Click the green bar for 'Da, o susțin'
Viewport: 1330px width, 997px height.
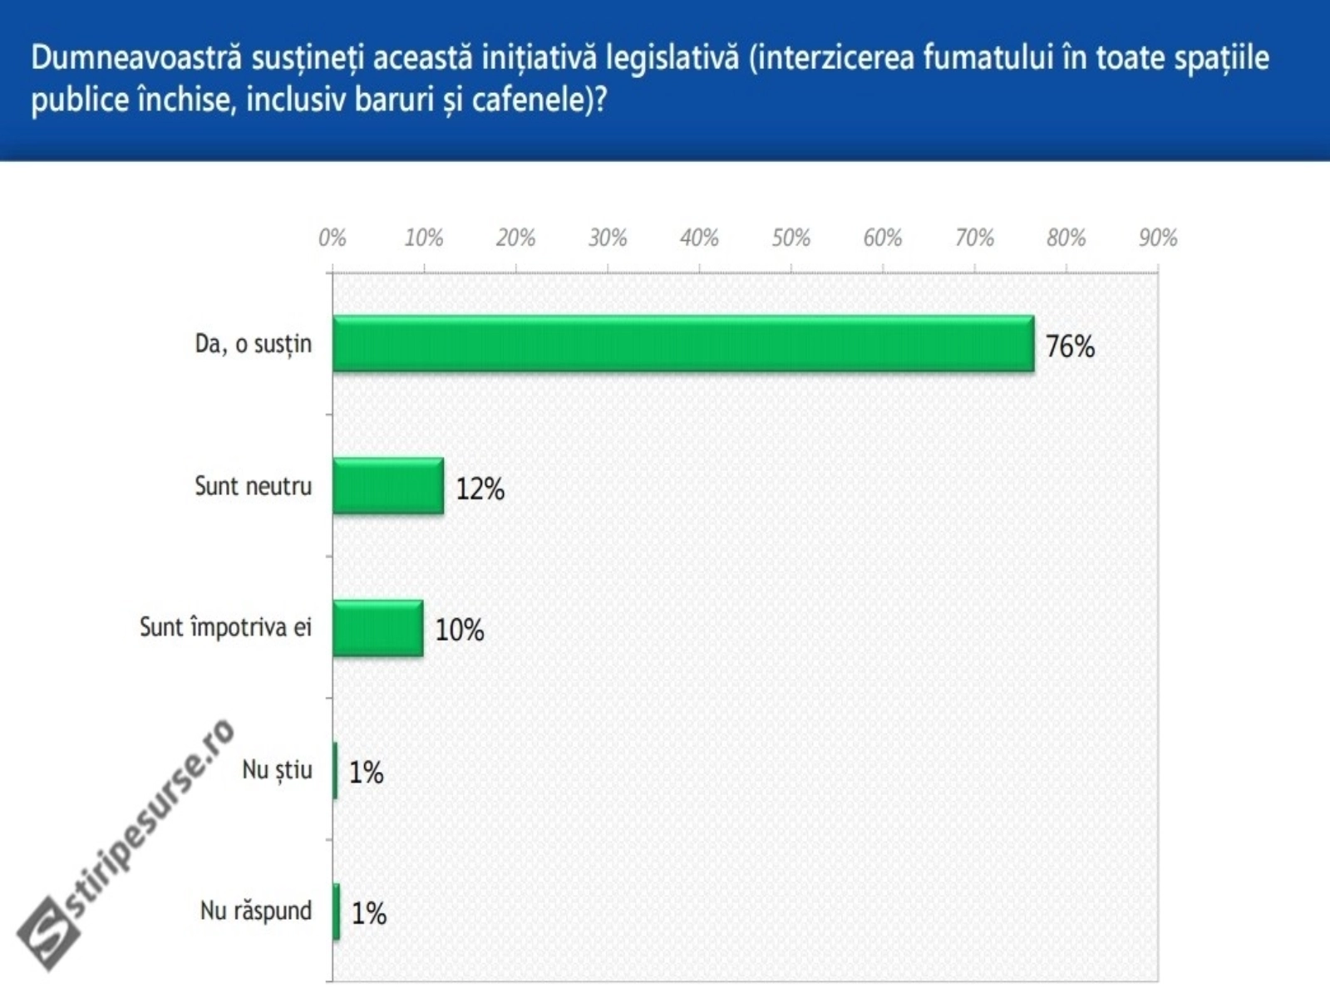(683, 343)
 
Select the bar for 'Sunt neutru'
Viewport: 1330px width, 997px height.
(387, 485)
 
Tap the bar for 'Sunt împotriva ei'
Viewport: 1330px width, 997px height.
(377, 627)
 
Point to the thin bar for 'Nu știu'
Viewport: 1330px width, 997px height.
(335, 770)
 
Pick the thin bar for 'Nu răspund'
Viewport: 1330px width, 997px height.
(336, 911)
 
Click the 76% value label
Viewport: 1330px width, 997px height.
(1070, 346)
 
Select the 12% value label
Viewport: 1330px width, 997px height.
(480, 489)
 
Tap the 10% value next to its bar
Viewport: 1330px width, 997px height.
(460, 630)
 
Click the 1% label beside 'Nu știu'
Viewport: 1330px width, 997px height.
(366, 773)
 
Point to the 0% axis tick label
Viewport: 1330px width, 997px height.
(332, 238)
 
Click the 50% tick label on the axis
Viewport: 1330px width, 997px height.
(791, 238)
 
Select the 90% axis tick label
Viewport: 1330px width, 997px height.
(1157, 238)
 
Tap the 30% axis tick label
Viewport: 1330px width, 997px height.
(607, 238)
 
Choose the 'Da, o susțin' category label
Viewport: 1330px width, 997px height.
(253, 344)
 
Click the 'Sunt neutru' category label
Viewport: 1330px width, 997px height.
(253, 486)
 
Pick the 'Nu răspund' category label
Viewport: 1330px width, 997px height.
(256, 911)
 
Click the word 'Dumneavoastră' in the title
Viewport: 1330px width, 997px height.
(136, 58)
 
